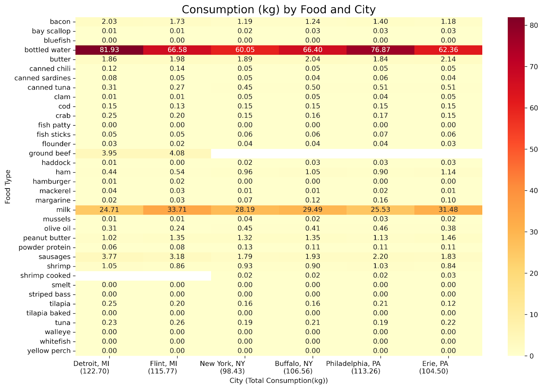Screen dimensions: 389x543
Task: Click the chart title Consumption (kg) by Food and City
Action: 278,9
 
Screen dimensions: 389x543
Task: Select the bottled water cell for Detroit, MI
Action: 109,50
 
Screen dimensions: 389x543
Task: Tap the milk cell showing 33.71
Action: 177,210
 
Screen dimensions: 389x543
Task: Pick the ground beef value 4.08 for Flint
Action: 177,153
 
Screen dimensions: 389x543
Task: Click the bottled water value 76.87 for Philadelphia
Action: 380,50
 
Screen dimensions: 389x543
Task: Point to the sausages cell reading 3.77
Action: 109,257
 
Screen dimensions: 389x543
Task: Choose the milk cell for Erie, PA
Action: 448,210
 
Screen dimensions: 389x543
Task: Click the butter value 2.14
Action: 448,59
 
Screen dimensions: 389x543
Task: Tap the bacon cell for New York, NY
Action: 245,22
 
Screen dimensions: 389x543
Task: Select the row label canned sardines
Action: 42,78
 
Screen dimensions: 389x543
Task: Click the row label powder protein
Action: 44,247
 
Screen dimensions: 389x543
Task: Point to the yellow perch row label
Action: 49,351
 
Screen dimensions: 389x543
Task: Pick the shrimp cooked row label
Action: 45,275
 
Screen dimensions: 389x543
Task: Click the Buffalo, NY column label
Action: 294,364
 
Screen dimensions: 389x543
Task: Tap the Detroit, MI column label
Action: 91,364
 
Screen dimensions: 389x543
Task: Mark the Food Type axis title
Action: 8,187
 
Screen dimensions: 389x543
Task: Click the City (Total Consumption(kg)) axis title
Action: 278,381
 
